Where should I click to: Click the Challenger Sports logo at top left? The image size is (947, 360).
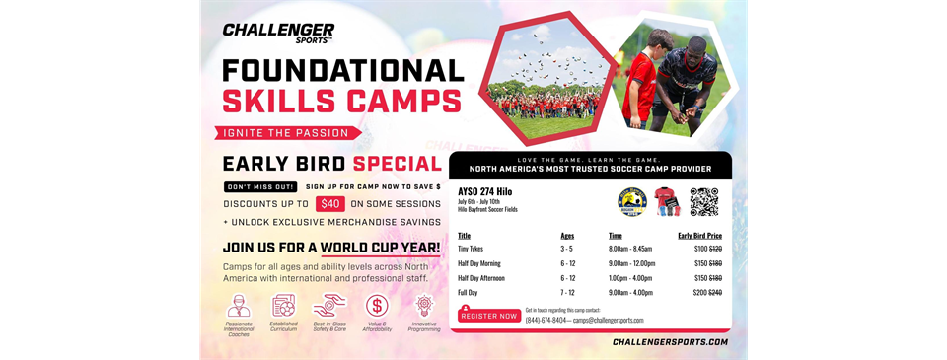[x=277, y=34]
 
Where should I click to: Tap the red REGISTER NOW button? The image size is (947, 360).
[x=488, y=316]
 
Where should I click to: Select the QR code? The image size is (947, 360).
[x=703, y=201]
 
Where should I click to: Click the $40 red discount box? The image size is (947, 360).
[x=329, y=204]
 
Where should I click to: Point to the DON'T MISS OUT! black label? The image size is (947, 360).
[x=260, y=186]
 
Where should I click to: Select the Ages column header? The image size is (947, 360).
[x=566, y=236]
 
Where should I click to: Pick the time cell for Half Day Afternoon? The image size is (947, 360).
[x=631, y=278]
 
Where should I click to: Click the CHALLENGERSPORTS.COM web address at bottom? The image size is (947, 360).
[x=670, y=342]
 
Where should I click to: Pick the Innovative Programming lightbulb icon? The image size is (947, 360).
[x=424, y=305]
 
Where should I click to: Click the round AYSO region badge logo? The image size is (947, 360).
[x=631, y=202]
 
